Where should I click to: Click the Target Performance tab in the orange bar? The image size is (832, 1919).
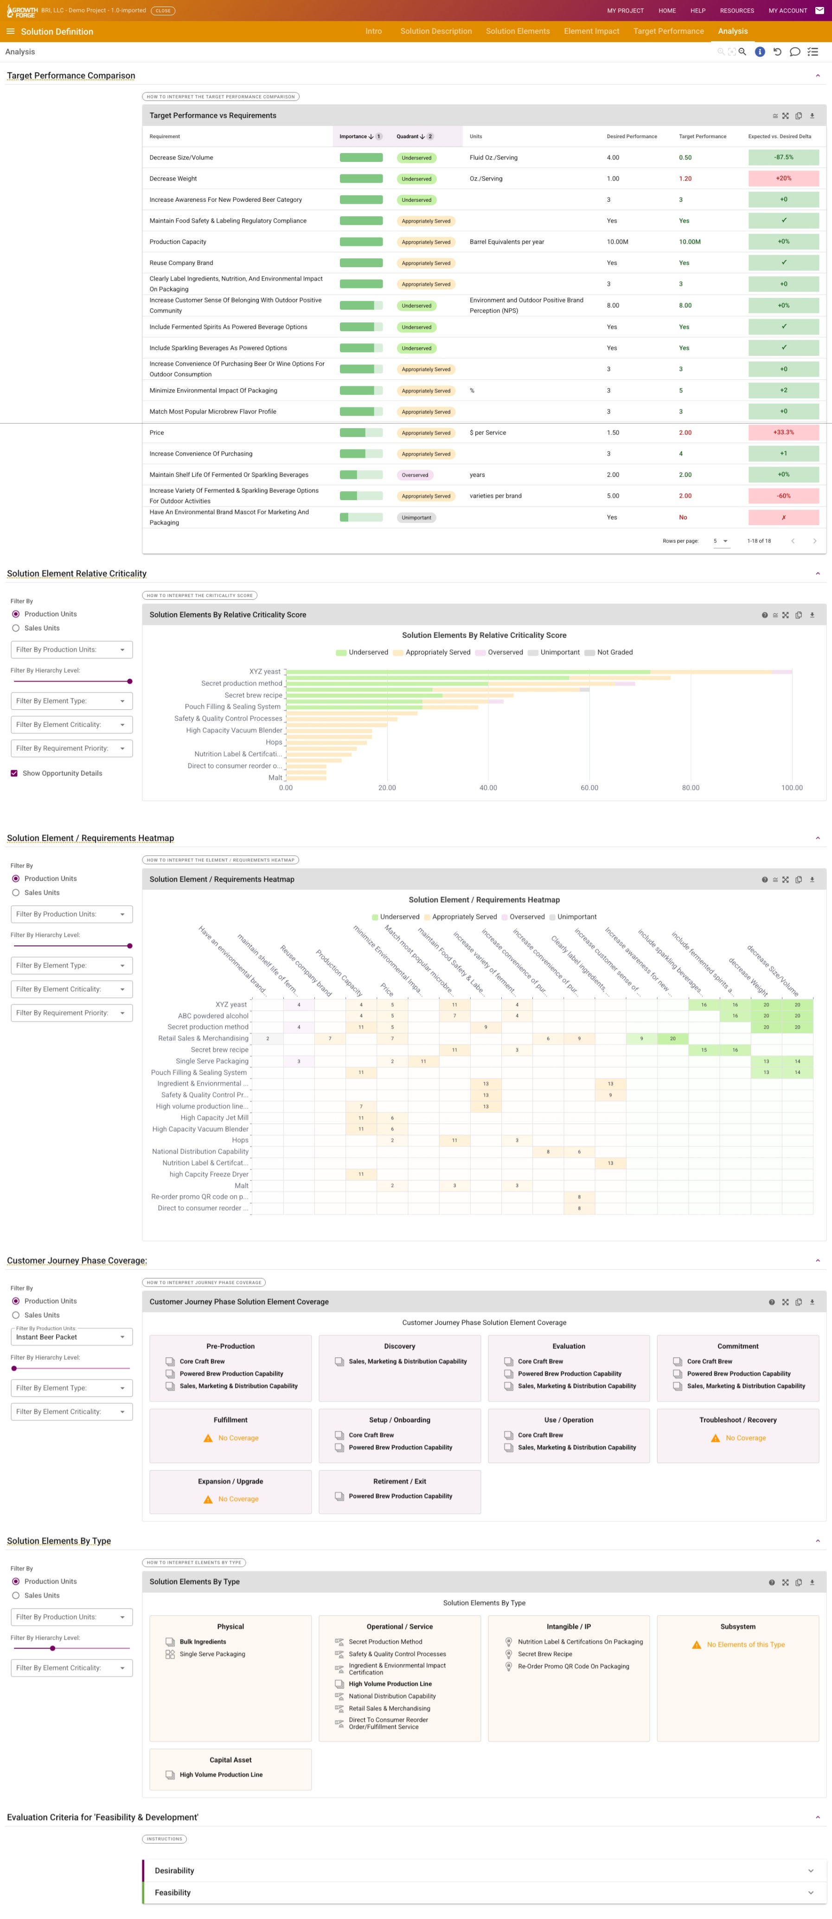[x=668, y=31]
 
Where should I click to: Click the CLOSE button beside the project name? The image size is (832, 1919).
[x=163, y=10]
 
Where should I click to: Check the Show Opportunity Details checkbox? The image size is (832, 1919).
[x=14, y=773]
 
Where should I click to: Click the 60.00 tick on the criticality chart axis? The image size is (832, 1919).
[x=589, y=788]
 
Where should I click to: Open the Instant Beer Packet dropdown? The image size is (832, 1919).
[x=71, y=1337]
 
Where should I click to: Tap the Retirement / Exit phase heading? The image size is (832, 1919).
[x=399, y=1482]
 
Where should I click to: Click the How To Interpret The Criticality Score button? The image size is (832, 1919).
[x=199, y=595]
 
